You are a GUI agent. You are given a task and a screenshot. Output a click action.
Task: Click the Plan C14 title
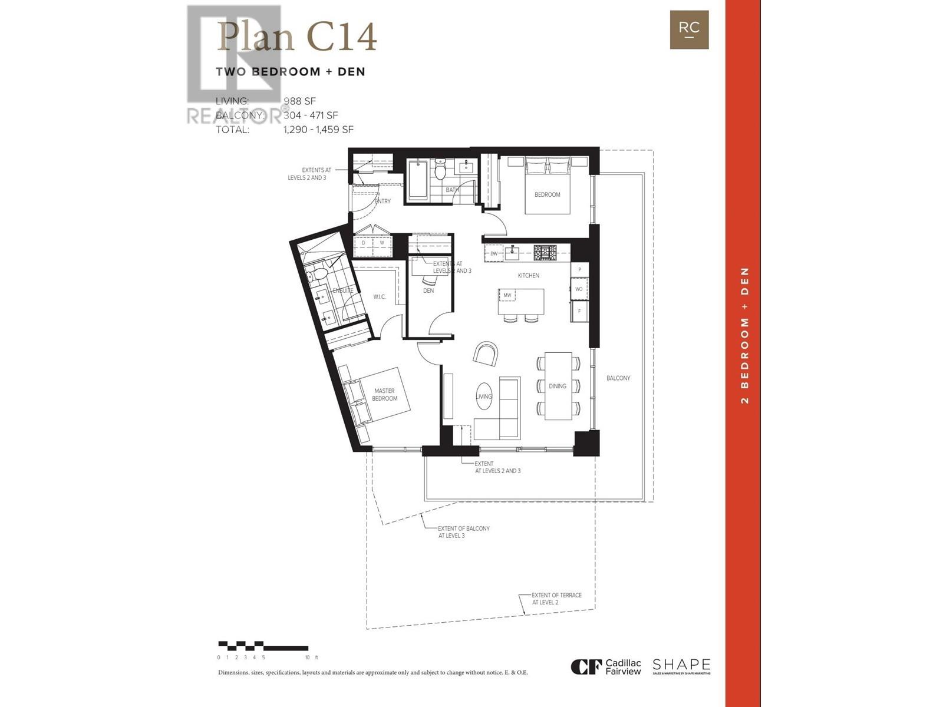coord(296,37)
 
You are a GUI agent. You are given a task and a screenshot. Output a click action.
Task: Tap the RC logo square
coord(689,29)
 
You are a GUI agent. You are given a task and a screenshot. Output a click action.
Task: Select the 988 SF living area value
coord(299,101)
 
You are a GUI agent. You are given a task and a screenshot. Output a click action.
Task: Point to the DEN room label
coord(428,290)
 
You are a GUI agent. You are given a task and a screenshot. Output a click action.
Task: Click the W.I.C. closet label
coord(380,296)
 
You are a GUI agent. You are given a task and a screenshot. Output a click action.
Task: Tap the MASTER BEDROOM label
coord(384,395)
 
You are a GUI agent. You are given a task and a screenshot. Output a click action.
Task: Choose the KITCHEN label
coord(528,275)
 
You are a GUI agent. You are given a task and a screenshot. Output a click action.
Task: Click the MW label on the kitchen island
coord(507,295)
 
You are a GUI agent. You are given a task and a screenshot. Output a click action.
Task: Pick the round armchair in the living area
coord(486,354)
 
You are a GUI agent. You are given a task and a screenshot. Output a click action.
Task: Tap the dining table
coord(558,386)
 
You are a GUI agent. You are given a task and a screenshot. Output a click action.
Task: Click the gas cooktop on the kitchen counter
coord(545,253)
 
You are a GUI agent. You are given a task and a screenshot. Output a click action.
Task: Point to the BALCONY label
coord(618,378)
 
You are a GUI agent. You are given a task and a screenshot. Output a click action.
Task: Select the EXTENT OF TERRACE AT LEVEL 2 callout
coord(556,599)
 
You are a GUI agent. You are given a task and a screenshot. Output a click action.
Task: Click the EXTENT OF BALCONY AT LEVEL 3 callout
coord(463,532)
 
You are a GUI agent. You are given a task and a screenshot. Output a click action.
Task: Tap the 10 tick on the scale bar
coord(307,657)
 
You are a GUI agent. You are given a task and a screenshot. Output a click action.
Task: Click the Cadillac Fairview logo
coord(605,667)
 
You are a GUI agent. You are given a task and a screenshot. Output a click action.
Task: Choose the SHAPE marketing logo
coord(681,666)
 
